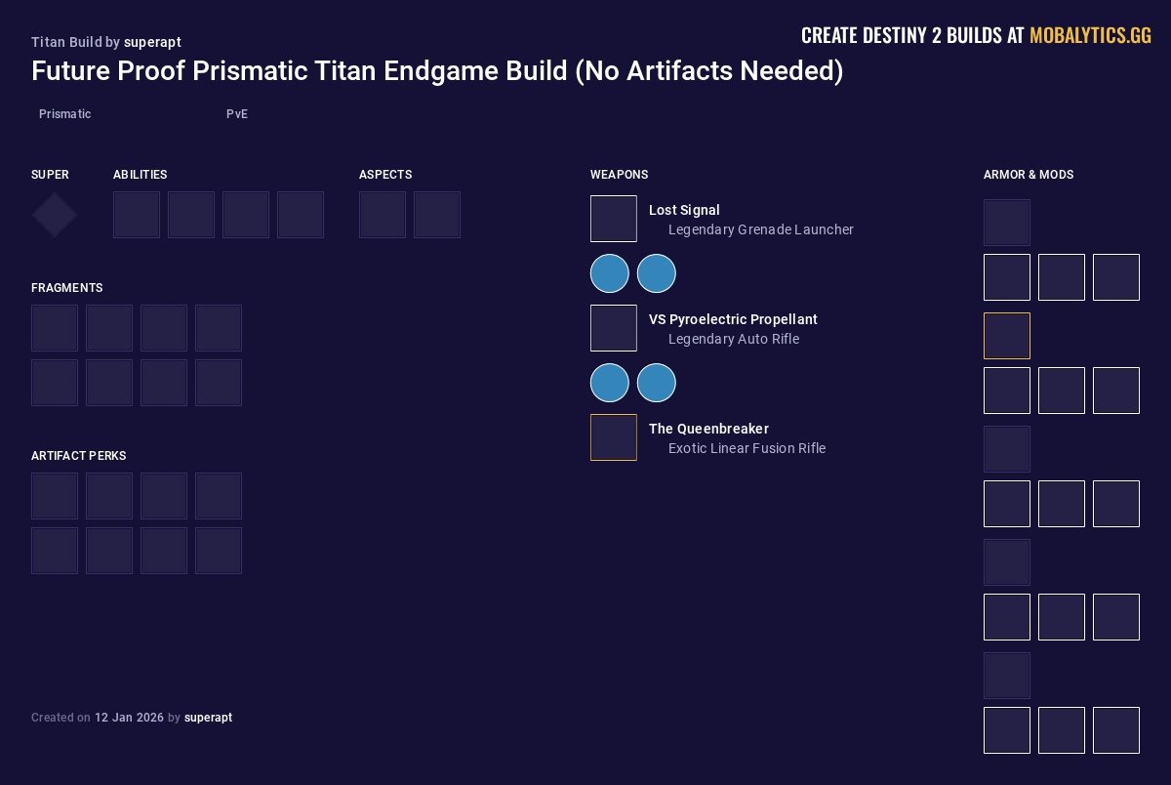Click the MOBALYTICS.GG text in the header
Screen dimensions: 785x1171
1090,36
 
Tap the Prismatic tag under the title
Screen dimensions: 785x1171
64,114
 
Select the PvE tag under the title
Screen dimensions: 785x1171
237,114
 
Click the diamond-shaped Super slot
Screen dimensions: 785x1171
55,215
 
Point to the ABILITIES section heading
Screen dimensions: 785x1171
140,175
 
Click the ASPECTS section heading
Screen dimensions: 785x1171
385,175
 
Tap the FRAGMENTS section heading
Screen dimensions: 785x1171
66,288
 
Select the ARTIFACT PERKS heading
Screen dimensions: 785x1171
78,456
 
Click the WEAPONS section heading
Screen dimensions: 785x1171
619,175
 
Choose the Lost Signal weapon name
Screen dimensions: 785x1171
684,210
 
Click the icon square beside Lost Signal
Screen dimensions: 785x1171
614,219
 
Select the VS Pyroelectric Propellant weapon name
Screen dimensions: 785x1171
733,319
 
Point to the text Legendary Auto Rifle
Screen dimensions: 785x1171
733,339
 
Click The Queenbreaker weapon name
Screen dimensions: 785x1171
708,429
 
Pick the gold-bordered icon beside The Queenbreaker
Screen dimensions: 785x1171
614,437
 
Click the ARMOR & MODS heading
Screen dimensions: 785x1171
1028,175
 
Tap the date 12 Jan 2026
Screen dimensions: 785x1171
129,718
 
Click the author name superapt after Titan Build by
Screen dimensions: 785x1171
152,42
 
